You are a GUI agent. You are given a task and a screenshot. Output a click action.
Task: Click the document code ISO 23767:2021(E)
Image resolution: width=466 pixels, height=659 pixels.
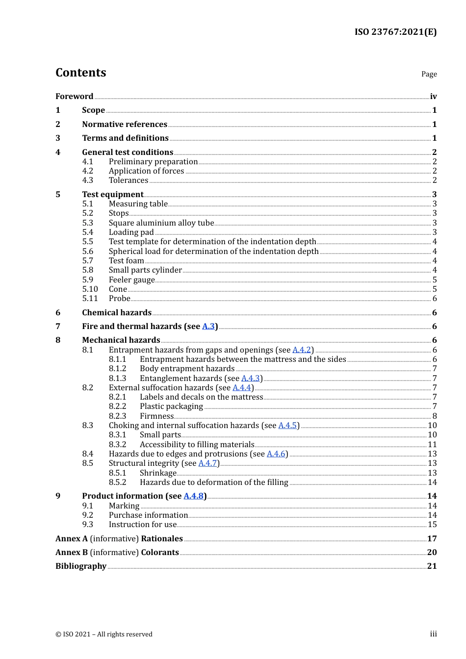click(395, 32)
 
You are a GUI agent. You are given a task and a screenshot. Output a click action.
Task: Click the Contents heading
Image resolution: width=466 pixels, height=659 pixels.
click(81, 73)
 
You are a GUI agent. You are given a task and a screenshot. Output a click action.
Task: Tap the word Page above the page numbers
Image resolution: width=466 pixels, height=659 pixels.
click(429, 74)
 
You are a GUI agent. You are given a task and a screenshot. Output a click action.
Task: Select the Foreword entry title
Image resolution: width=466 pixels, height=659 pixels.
click(74, 96)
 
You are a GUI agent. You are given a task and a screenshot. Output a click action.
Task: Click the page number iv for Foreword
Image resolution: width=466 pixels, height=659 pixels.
click(433, 96)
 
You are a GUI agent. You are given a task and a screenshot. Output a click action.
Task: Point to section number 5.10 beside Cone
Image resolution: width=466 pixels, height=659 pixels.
click(90, 289)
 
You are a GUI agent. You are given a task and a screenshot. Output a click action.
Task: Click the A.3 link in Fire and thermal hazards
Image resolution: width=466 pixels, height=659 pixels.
click(208, 327)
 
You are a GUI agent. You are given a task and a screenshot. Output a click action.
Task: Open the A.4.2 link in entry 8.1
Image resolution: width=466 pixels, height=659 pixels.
click(302, 350)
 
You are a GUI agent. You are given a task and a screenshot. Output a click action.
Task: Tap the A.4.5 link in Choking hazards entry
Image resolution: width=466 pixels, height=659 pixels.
click(287, 426)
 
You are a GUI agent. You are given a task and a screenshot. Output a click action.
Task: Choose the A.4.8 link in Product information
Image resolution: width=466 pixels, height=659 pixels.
click(193, 496)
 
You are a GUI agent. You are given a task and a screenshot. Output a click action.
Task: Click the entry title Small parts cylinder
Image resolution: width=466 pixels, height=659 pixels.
click(145, 270)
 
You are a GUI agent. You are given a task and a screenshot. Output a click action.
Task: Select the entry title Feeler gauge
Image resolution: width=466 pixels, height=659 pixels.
click(131, 280)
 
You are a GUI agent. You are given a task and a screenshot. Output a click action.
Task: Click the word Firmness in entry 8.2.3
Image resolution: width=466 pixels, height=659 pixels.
click(156, 416)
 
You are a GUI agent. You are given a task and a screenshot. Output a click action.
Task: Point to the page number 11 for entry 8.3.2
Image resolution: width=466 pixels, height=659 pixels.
click(432, 445)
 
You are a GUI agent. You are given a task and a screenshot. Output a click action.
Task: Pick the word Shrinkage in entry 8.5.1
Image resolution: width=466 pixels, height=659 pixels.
click(158, 473)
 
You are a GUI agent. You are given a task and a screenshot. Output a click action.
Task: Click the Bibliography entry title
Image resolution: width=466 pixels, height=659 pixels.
click(81, 566)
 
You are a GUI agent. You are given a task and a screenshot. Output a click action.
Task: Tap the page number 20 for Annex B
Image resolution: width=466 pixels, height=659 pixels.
click(432, 552)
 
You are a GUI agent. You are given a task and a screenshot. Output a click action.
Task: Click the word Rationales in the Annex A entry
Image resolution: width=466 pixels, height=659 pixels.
click(162, 538)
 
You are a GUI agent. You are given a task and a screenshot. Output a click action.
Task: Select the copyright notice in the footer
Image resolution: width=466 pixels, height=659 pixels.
click(104, 634)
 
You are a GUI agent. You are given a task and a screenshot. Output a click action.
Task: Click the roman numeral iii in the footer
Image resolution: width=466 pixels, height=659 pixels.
click(433, 634)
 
